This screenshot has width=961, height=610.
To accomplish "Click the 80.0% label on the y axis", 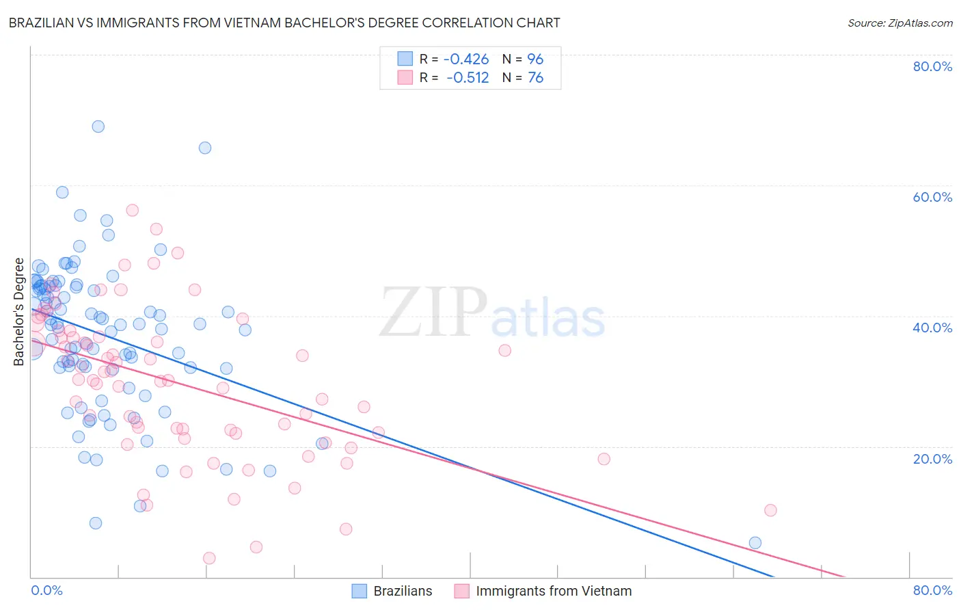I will (932, 66).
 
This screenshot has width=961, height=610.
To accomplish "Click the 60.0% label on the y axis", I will (932, 197).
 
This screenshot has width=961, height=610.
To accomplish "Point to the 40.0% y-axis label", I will (932, 328).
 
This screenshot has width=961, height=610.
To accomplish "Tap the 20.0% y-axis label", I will (932, 458).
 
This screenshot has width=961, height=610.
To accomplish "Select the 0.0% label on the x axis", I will (46, 591).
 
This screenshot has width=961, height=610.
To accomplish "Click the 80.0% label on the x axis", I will (932, 591).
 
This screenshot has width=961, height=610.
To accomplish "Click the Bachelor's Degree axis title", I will (18, 312).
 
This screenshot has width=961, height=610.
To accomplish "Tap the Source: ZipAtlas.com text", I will (899, 23).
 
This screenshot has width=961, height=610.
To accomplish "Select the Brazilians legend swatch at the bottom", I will (360, 591).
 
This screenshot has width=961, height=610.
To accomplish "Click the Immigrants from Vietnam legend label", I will (554, 591).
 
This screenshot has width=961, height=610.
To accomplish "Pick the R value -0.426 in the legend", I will (466, 59).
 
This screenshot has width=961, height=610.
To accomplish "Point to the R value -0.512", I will (468, 77).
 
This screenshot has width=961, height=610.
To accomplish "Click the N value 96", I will (535, 59).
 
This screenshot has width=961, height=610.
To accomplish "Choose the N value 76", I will (535, 77).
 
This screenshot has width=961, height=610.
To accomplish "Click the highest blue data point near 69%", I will (98, 127).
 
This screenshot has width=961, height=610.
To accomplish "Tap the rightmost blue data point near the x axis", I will (755, 543).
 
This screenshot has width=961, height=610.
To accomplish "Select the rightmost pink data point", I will (770, 510).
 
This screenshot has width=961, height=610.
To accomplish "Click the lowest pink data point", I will (210, 558).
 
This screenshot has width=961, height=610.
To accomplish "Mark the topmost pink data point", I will (133, 210).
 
